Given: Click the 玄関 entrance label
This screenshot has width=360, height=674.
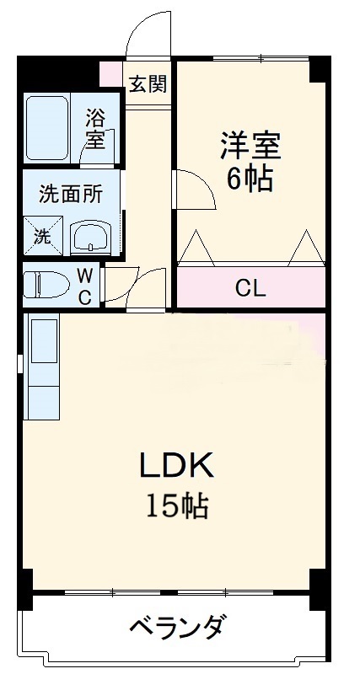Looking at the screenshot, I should point(148,84).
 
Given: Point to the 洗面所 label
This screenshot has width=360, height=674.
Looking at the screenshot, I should point(72,193).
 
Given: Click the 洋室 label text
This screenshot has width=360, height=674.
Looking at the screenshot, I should point(250,145).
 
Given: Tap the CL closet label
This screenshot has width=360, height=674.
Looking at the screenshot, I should point(250,289).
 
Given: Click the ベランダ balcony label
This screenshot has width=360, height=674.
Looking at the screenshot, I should point(177,628).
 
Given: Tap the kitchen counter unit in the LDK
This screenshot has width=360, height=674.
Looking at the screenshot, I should point(43,367).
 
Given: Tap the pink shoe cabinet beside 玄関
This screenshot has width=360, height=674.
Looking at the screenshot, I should point(110,74).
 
